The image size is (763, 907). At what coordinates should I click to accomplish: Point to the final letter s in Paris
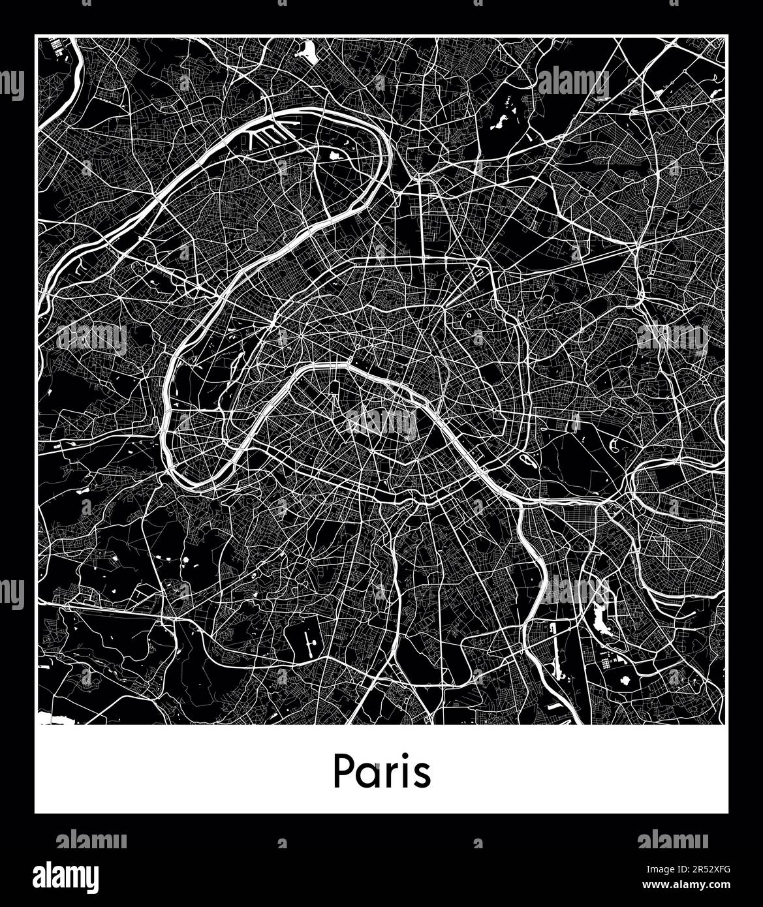tap(423, 774)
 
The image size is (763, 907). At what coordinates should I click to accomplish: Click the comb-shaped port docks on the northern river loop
tap(268, 137)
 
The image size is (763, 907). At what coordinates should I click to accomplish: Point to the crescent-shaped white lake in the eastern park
tap(615, 446)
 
